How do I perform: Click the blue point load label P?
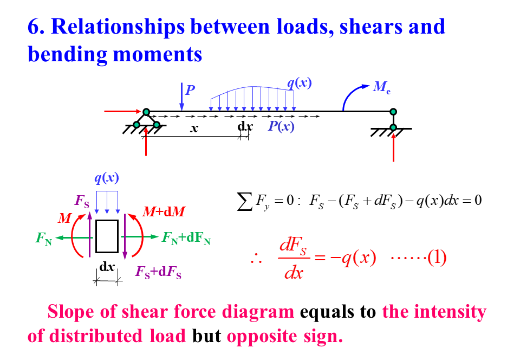pyautogui.click(x=190, y=90)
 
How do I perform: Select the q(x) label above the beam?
pyautogui.click(x=299, y=83)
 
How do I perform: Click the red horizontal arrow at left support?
pyautogui.click(x=122, y=112)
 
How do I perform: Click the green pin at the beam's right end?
pyautogui.click(x=394, y=112)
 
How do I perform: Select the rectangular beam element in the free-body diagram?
pyautogui.click(x=107, y=236)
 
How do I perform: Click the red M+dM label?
pyautogui.click(x=163, y=212)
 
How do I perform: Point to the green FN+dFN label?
pyautogui.click(x=185, y=238)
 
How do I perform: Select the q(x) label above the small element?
pyautogui.click(x=107, y=178)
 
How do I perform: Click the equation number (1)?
pyautogui.click(x=437, y=258)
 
